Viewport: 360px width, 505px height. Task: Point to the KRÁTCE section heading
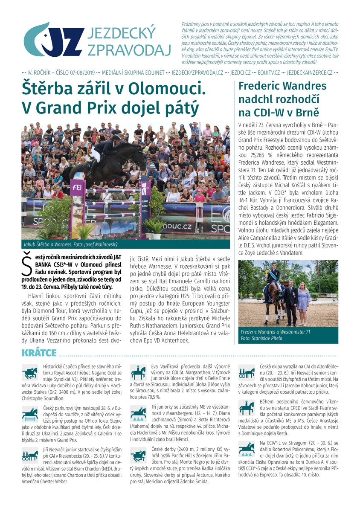39,353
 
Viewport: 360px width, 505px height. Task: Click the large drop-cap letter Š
26,267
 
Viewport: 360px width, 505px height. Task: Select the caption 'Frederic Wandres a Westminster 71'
275,331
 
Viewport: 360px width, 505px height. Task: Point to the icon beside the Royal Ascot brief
30,372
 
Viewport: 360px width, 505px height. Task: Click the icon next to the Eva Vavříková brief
138,372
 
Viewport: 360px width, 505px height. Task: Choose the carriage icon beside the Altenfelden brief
246,372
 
